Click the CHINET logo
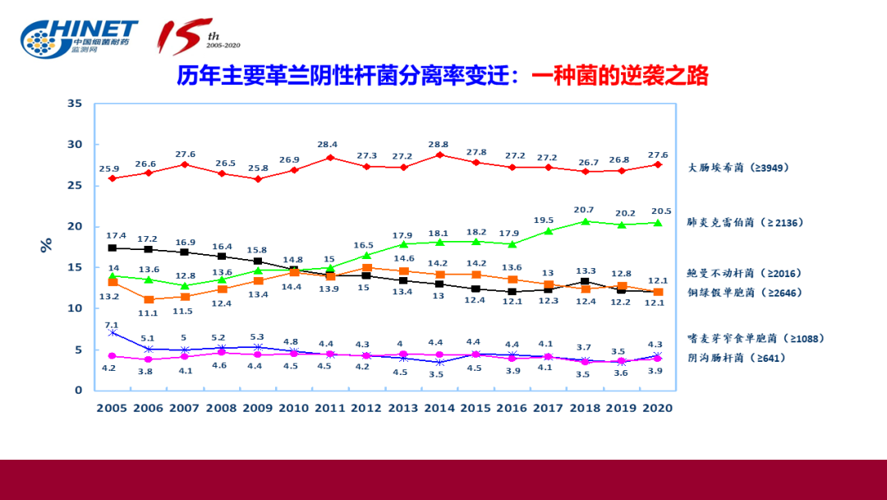pos(79,38)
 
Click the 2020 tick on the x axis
pos(656,407)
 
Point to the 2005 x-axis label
pos(113,407)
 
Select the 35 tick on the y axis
pos(75,104)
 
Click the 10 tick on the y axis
pos(75,308)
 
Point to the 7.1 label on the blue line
pos(113,325)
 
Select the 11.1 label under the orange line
pos(149,313)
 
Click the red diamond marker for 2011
pos(330,157)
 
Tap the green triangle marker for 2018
pos(585,221)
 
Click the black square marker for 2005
pos(113,248)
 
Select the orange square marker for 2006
pos(149,299)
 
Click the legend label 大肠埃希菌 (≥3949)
pos(737,168)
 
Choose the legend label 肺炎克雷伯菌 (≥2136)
pos(744,222)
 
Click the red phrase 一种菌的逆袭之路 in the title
pos(619,76)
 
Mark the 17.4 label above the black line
pos(113,236)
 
